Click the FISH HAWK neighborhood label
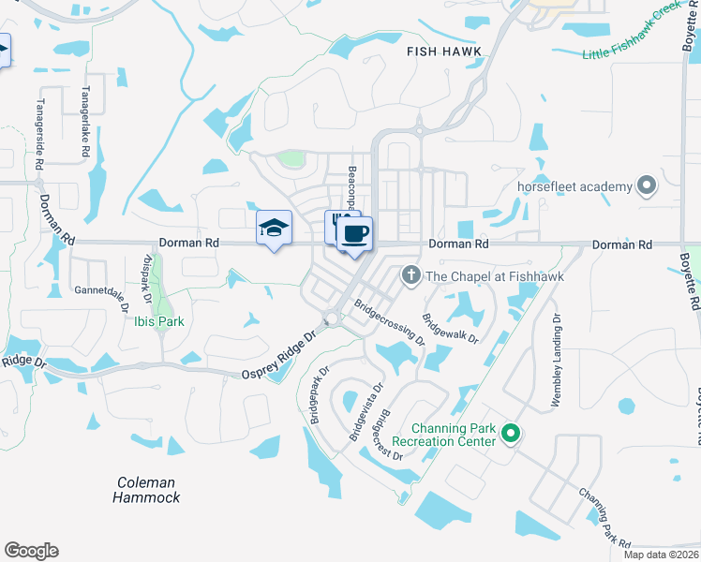pos(444,52)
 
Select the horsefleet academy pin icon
pos(646,186)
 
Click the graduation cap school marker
pos(274,228)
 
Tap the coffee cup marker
pos(354,234)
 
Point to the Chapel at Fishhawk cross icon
pos(410,275)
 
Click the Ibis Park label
pos(157,321)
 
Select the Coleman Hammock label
pos(146,490)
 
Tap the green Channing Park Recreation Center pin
pos(511,434)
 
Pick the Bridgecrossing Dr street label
pos(390,323)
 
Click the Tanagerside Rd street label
pos(40,135)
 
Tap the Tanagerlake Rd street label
pos(85,122)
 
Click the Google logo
pos(31,551)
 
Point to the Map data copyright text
pos(661,555)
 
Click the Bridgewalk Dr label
pos(450,327)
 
